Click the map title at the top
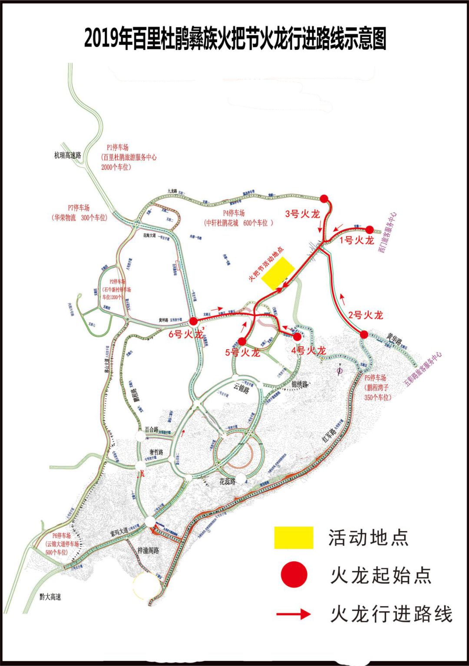point(235,39)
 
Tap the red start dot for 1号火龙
point(370,230)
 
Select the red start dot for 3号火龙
point(324,199)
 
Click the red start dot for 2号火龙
point(364,335)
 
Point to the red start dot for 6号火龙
point(194,322)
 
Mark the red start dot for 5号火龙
point(242,341)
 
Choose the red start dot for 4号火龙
point(297,336)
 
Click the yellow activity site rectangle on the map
point(278,273)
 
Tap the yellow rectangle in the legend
point(294,538)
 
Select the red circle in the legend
point(294,574)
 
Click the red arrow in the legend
point(294,614)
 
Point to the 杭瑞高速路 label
point(67,155)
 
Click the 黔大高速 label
point(50,597)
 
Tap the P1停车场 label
point(118,148)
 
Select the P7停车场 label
point(79,208)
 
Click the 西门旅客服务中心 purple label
point(387,232)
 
